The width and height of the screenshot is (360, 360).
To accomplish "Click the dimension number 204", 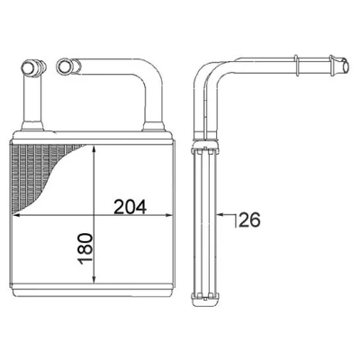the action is (x=130, y=207).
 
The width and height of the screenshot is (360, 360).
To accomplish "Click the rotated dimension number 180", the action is (x=85, y=248).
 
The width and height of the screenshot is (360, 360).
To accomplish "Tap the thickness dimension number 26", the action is (x=249, y=220).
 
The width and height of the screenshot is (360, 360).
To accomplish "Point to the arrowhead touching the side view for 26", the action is (x=220, y=214).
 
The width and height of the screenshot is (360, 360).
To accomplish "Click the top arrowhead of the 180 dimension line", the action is (x=94, y=149).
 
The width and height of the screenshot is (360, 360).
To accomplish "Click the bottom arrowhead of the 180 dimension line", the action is (x=94, y=279).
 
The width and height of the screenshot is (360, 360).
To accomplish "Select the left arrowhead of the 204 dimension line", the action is (x=15, y=215).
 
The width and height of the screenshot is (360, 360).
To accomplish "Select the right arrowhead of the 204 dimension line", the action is (x=169, y=215).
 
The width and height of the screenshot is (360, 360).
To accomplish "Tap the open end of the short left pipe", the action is (x=30, y=67).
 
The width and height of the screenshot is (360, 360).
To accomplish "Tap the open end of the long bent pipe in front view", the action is (x=64, y=66).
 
